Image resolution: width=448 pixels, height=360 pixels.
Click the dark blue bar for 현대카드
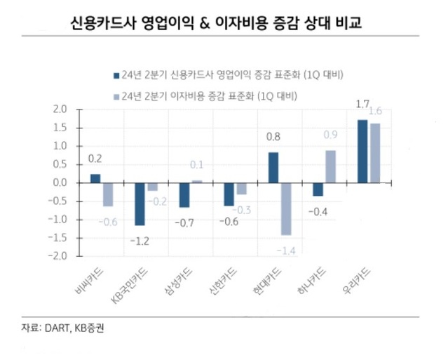tap(273, 167)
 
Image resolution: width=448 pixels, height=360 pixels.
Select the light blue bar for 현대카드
tap(285, 208)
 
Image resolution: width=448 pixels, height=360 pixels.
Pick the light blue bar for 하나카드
tap(330, 166)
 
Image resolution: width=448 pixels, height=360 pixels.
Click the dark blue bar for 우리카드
tap(362, 151)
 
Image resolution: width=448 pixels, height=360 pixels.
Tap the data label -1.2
tap(140, 241)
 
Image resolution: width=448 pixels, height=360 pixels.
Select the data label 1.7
tap(362, 105)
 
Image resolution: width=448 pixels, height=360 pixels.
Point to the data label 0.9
tap(331, 135)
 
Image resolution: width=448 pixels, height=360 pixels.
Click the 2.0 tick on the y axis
tap(60, 109)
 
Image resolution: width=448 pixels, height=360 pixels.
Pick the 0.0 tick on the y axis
tap(60, 182)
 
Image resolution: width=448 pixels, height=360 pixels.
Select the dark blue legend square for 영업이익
tap(116, 74)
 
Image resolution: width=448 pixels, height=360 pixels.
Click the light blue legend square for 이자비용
tap(116, 95)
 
